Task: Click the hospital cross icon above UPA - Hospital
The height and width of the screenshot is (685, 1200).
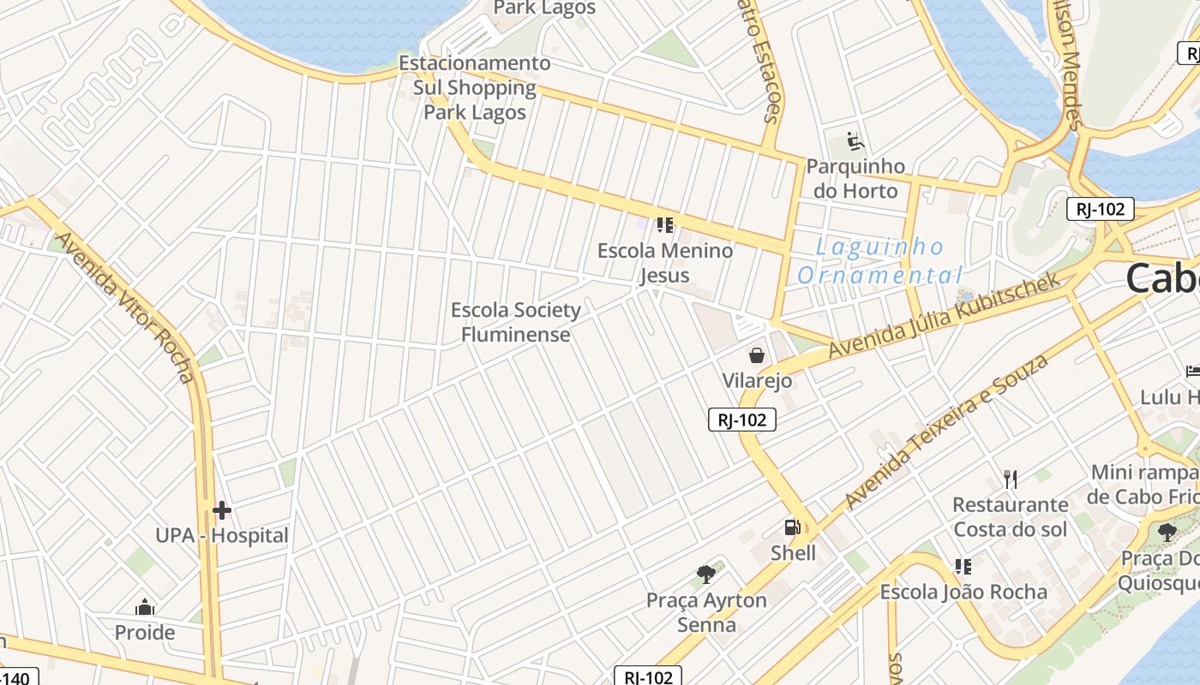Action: pos(222,511)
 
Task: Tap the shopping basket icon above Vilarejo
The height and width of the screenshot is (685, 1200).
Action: pos(756,355)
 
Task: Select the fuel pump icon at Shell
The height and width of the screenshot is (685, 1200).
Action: pos(793,527)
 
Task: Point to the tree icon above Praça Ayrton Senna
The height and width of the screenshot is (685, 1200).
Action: pos(706,575)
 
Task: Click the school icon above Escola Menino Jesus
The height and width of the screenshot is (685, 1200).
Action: pos(665,225)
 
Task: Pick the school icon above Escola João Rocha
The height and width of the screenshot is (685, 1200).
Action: pos(963,567)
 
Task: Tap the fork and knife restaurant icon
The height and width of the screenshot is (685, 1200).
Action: pos(1011,479)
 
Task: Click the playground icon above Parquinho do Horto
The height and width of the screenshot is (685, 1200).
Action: pos(855,140)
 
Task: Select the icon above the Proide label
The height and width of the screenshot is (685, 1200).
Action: pos(145,608)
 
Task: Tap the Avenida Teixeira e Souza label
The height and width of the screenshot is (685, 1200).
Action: pos(946,432)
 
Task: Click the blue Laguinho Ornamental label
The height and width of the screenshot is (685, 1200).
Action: pos(879,261)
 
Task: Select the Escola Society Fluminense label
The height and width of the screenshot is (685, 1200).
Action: pos(516,322)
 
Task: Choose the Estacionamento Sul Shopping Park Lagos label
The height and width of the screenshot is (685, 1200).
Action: pos(475,87)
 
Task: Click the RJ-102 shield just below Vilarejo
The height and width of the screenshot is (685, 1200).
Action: pos(742,420)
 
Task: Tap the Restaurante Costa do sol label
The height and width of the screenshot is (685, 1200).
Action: pos(1011,517)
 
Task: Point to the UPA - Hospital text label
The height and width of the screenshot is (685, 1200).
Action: pos(222,536)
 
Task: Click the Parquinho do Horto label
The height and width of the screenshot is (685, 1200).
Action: pos(855,178)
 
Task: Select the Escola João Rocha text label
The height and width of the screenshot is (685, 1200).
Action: pos(963,592)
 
